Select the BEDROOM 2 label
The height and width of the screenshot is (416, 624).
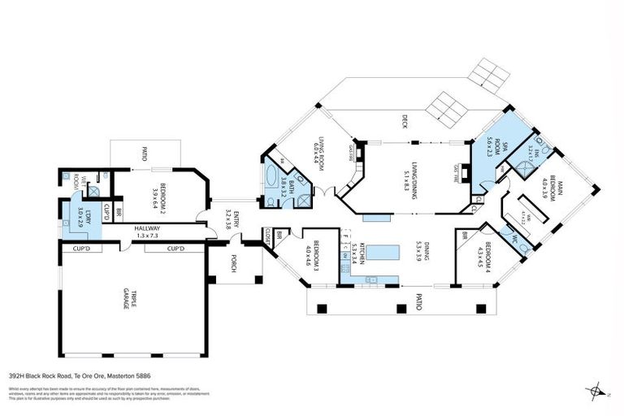[155, 197]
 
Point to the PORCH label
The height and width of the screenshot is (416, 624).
[235, 266]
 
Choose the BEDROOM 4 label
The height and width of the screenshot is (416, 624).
[489, 257]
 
